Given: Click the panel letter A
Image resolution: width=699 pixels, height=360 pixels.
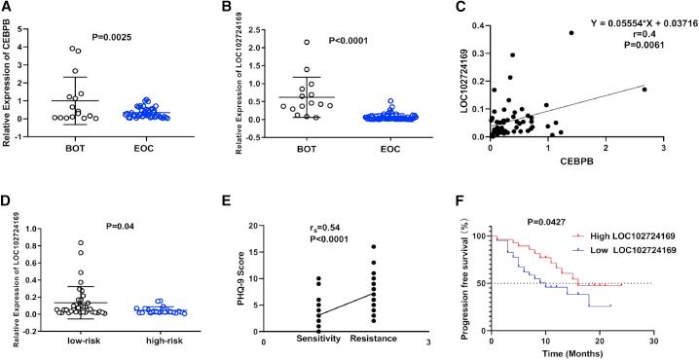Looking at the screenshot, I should point(7,8).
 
